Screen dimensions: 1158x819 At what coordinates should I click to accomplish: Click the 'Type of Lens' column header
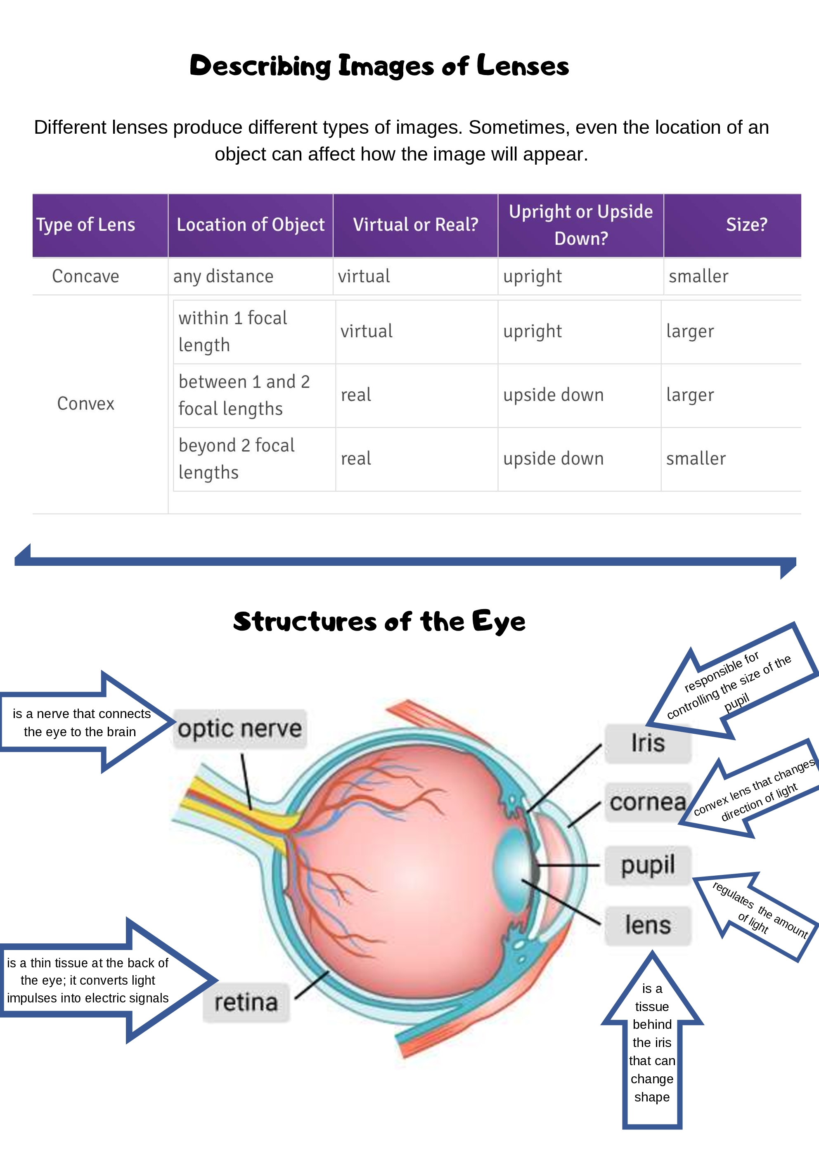86,225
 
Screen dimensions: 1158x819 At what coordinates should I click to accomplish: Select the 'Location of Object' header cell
250,225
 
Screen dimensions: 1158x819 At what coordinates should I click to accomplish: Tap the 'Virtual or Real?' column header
415,225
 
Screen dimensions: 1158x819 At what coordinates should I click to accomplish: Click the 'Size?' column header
746,225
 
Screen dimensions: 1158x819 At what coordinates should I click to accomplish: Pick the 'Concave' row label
86,277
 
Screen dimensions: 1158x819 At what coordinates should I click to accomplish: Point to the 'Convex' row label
86,404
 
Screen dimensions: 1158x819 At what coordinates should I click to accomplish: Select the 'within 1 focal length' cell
233,331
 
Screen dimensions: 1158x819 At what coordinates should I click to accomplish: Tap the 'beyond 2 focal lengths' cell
236,459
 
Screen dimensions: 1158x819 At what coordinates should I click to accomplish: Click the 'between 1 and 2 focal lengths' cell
244,395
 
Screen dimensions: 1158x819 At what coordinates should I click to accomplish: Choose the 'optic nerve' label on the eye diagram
240,729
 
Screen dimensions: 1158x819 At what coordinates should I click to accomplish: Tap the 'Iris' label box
648,743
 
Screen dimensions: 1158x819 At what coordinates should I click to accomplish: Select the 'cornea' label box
648,802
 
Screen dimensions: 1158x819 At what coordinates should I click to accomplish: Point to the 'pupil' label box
648,865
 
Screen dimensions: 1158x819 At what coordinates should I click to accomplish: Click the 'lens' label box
648,925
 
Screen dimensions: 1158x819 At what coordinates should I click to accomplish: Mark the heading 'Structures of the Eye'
379,622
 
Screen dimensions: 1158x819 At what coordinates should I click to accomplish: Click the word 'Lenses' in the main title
522,66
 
